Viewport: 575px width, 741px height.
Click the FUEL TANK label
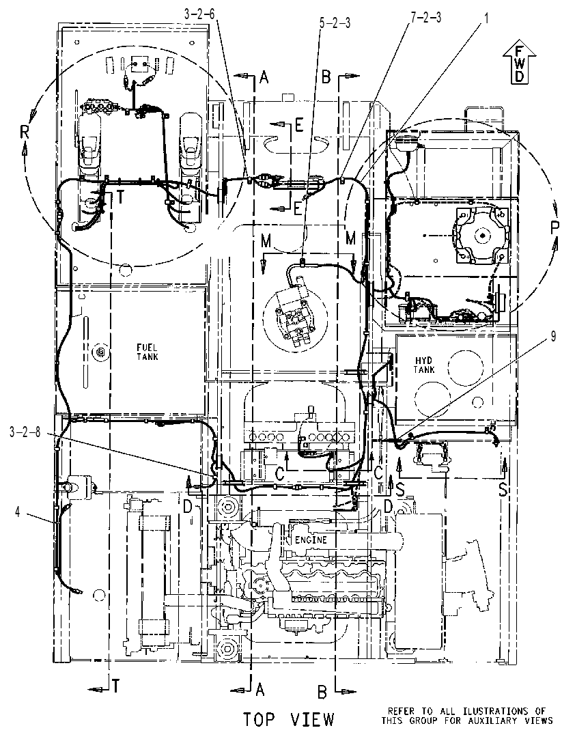tap(147, 352)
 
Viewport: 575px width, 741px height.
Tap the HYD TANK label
tap(423, 365)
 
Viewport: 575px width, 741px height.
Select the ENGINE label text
tap(311, 540)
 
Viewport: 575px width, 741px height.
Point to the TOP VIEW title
tap(289, 719)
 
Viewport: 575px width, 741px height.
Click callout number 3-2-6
tap(199, 14)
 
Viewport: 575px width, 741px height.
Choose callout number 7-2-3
tap(425, 18)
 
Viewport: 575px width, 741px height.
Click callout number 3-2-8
tap(25, 432)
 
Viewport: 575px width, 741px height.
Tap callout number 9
tap(552, 337)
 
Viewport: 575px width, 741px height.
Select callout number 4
tap(18, 511)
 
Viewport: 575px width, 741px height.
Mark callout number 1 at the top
tap(486, 18)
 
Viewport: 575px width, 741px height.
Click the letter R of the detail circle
tap(25, 132)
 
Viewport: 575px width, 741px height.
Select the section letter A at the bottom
tap(260, 690)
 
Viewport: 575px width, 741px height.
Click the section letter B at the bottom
tap(322, 693)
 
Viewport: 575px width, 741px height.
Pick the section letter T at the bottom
tap(115, 686)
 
